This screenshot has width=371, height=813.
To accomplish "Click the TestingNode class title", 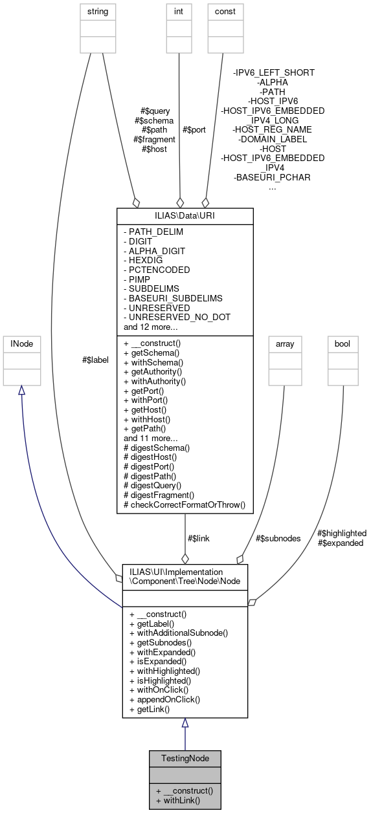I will pos(185,757).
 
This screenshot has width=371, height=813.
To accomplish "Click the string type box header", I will pos(95,11).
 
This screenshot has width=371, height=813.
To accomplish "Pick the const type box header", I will pos(225,11).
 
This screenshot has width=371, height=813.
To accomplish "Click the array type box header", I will pos(285,344).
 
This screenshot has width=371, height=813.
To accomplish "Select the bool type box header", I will pos(343,344).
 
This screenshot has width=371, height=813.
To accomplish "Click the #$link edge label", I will pos(198,537).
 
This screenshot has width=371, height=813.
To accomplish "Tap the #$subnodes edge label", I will pos(278,537).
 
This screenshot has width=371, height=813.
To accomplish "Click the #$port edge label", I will pos(194,129).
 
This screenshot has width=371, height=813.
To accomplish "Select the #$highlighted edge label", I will pos(342,533).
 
